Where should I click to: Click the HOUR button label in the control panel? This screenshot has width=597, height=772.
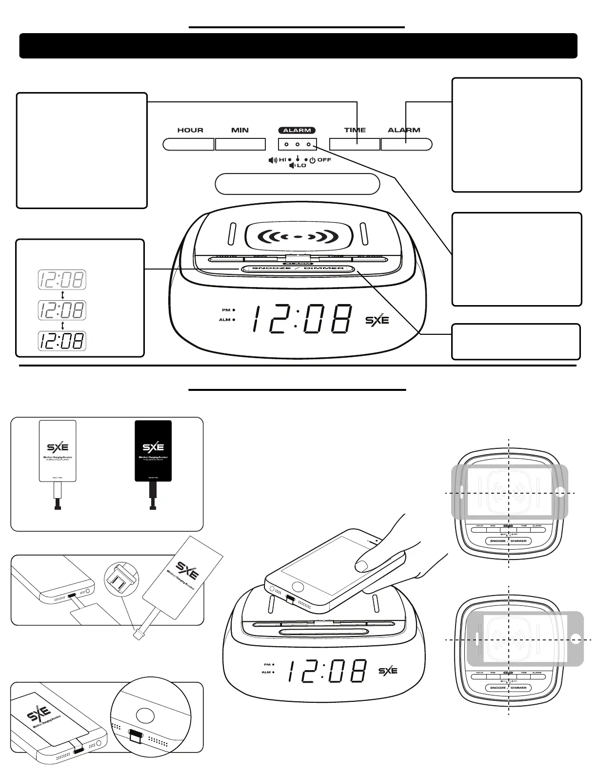[190, 130]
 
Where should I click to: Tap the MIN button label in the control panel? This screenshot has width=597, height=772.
[240, 130]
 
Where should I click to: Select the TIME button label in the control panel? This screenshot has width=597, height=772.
[355, 130]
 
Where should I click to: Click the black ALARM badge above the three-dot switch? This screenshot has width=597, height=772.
[297, 130]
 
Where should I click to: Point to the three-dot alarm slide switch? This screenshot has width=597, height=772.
[297, 144]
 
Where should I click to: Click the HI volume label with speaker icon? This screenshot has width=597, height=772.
[279, 160]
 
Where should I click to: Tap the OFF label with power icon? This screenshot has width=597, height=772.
[320, 160]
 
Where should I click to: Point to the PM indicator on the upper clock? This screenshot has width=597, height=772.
[228, 310]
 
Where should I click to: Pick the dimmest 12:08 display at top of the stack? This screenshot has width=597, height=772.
[62, 280]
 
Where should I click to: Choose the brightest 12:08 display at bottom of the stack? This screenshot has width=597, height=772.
[62, 341]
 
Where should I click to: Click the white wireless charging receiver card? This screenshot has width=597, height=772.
[58, 451]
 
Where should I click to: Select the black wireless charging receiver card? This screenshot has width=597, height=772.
[153, 451]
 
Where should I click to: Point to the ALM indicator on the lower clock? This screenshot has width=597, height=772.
[268, 672]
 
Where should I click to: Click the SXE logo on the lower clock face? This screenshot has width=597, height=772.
[388, 671]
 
